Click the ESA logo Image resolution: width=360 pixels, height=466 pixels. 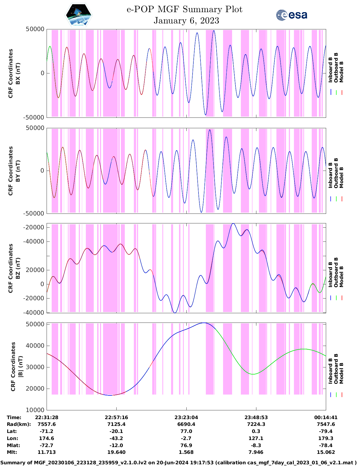291,15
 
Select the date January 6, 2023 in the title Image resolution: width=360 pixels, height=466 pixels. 186,21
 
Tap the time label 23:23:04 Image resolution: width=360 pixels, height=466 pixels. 186,417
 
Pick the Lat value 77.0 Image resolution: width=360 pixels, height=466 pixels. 186,431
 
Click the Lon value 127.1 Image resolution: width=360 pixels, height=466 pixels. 256,438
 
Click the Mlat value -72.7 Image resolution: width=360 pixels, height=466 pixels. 47,445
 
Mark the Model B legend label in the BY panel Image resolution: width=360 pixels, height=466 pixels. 341,177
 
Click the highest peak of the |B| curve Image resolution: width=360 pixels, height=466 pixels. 204,323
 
